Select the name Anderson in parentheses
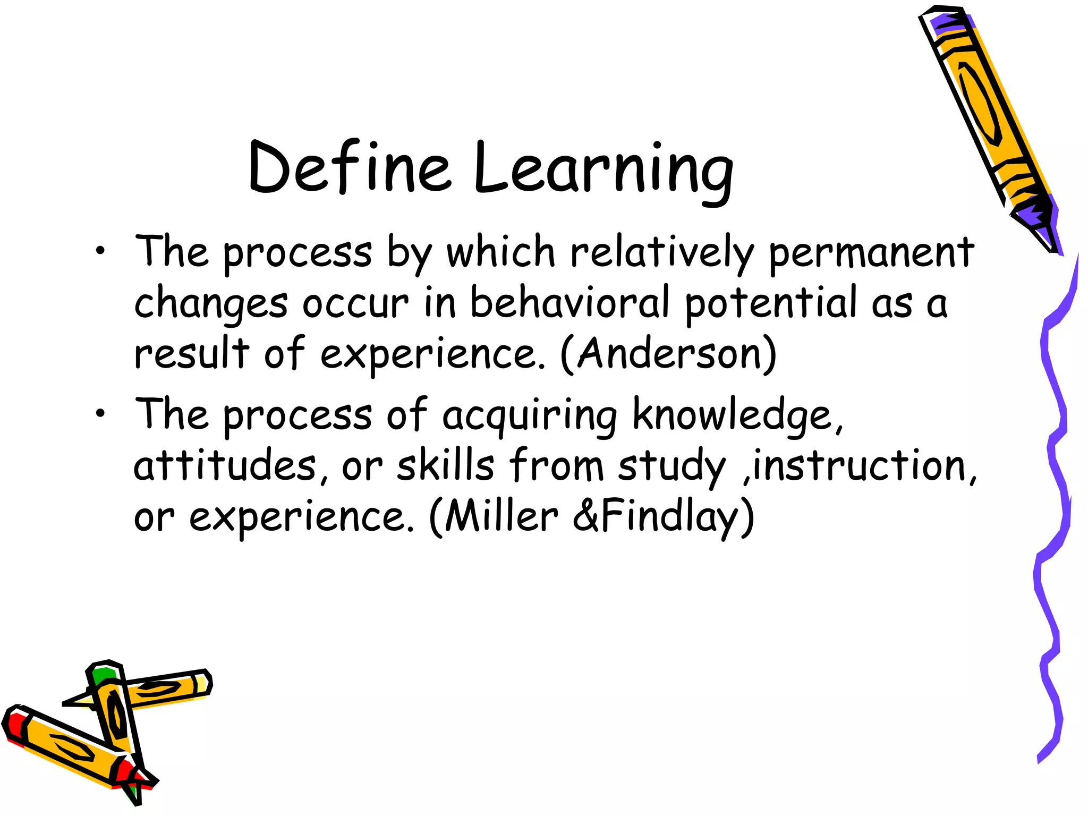click(669, 353)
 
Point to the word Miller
click(502, 516)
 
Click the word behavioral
click(569, 302)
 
